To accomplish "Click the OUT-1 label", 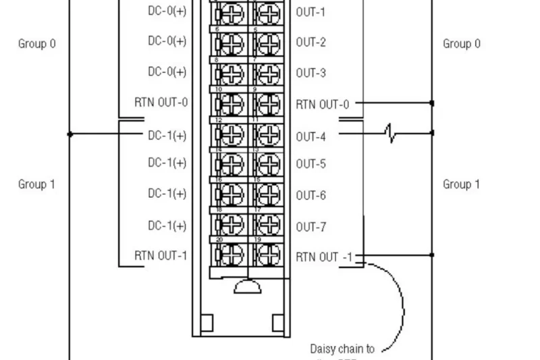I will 310,12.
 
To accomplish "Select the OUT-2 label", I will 310,43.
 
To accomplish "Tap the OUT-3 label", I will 310,73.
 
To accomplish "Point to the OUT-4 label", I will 310,136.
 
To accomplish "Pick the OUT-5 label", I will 310,163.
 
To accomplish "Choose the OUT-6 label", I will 310,195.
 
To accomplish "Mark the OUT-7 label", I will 310,227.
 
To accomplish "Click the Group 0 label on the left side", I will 36,44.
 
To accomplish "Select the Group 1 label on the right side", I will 462,184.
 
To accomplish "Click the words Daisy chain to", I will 342,349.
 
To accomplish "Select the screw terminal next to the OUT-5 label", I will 269,164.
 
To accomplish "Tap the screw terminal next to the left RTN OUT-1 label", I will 231,255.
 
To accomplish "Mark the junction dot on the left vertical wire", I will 70,134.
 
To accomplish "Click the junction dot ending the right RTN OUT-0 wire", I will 432,103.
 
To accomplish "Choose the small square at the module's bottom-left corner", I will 207,323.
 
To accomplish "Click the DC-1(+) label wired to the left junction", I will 167,135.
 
